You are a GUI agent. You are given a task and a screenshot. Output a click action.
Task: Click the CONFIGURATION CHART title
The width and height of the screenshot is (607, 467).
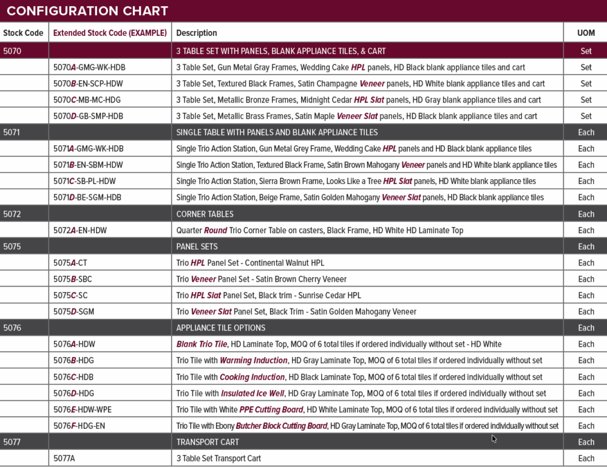coord(87,11)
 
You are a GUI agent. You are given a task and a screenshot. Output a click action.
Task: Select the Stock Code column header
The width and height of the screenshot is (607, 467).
coord(23,33)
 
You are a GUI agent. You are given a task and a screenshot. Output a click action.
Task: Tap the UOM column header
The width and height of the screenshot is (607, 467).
coord(586,33)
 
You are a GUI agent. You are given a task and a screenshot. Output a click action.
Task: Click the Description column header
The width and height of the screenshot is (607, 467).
coord(197,33)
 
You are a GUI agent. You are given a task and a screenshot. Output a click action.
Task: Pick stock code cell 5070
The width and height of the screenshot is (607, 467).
coord(12,51)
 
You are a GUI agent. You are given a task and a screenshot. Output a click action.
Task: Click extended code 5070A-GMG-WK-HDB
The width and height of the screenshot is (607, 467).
coord(89,67)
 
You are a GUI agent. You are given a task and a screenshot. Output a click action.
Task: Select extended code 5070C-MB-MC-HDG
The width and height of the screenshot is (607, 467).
coord(89,100)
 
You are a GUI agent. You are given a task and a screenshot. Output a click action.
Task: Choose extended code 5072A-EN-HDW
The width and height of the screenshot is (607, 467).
coord(80,230)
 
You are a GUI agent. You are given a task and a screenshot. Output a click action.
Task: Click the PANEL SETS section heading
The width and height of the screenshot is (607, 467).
coord(197,247)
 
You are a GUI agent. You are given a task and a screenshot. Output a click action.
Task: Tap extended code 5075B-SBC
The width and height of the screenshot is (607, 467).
coord(73,279)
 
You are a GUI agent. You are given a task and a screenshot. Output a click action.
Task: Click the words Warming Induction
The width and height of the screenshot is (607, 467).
coord(253,361)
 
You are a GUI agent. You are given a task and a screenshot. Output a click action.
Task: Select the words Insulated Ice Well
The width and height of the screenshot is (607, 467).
coord(253,394)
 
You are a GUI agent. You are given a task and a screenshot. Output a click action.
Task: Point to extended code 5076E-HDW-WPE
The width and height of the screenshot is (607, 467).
coord(83,410)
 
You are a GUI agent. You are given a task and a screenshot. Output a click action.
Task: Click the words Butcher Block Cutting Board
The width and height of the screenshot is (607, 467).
coord(282,426)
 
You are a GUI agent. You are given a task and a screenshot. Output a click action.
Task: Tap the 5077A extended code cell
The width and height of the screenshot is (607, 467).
coord(64,458)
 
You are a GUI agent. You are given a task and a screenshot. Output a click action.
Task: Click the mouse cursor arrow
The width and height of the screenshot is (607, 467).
coord(494,438)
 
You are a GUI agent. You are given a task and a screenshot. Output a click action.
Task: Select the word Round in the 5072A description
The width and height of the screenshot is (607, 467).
coord(215,230)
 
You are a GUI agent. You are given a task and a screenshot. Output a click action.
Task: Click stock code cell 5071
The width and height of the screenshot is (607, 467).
coord(12,132)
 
